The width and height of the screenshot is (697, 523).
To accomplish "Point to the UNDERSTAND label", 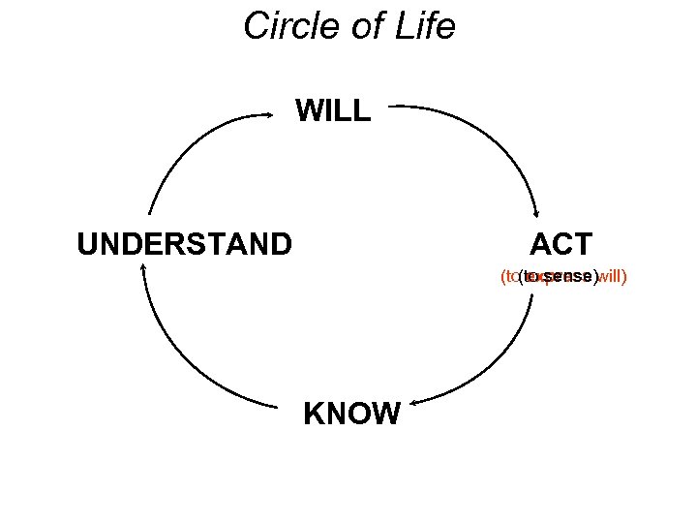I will (184, 243).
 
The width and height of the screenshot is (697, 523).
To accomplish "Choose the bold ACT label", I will (561, 243).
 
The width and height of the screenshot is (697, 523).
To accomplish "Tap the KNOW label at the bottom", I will (351, 415).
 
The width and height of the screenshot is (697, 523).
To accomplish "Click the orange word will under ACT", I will (612, 277).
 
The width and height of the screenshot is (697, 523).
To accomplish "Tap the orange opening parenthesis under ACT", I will (502, 277).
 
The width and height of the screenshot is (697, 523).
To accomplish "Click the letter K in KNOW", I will (314, 415).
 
